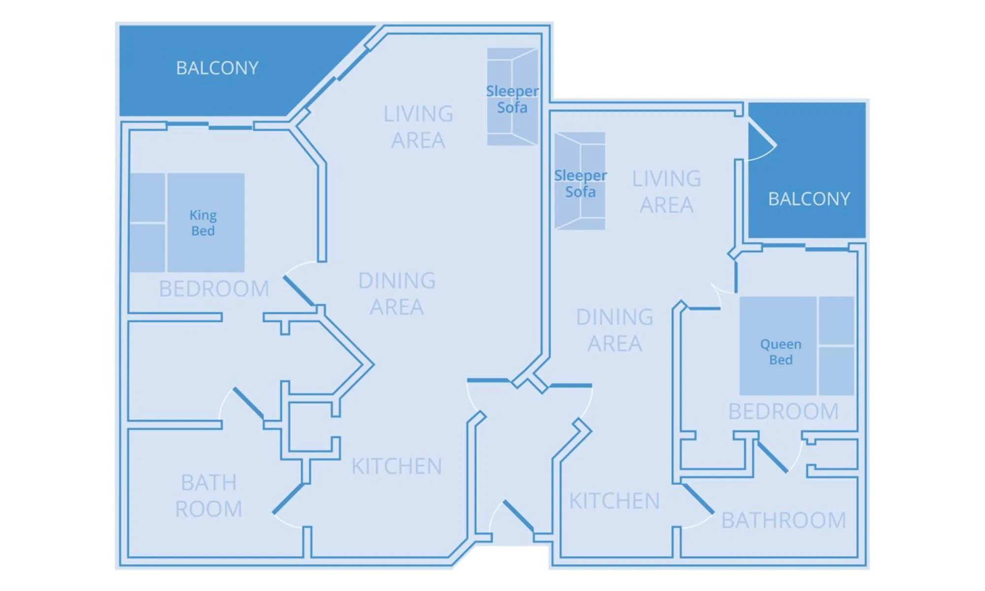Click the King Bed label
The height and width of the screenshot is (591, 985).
(x=203, y=223)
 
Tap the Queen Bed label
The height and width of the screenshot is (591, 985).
(x=781, y=352)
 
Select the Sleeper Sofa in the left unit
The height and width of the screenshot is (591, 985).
(x=512, y=99)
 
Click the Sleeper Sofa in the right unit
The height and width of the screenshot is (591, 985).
(x=580, y=183)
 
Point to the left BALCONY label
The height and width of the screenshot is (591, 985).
(x=217, y=68)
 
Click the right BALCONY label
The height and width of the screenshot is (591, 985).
(x=809, y=199)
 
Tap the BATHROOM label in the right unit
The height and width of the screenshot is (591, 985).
(x=784, y=521)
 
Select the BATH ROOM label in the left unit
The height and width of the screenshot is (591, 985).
(x=209, y=495)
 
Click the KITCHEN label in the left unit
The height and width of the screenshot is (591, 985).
(x=396, y=466)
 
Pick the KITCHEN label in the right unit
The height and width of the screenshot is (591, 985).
(x=614, y=501)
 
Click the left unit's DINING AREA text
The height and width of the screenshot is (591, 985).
(x=396, y=294)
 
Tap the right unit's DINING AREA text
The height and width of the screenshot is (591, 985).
(x=615, y=330)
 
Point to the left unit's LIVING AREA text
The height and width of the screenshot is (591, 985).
(x=418, y=127)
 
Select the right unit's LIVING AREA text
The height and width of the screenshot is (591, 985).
(x=666, y=192)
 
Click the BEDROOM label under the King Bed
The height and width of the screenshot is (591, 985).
(x=214, y=289)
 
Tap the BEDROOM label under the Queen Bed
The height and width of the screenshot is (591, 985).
(x=783, y=412)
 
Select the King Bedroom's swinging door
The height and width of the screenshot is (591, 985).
(x=299, y=291)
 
